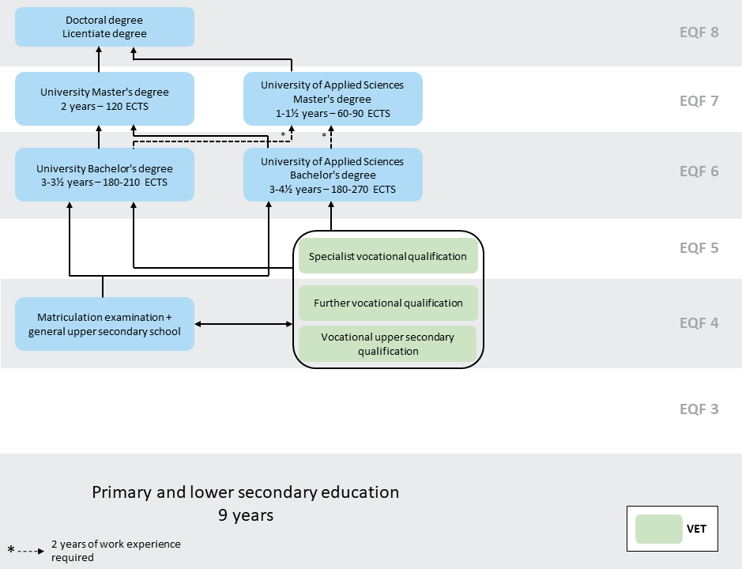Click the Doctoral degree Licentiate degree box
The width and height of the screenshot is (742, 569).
click(x=104, y=27)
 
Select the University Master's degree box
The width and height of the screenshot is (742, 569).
click(x=104, y=99)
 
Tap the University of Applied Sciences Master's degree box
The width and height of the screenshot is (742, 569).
click(x=333, y=99)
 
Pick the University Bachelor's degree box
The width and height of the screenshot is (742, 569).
click(x=104, y=175)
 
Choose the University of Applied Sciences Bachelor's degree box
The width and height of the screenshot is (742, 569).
click(x=333, y=175)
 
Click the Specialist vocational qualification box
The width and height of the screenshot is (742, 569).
click(x=388, y=256)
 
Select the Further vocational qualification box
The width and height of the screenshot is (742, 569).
click(x=388, y=303)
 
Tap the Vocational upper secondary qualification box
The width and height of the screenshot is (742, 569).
click(x=388, y=344)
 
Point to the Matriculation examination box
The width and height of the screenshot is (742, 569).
click(x=104, y=324)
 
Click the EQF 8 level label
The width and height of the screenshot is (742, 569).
click(x=699, y=32)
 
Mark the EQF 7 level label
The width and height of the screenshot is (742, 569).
click(x=699, y=101)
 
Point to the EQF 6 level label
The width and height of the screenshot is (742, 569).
click(x=699, y=171)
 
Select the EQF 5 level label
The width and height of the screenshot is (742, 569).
click(x=699, y=248)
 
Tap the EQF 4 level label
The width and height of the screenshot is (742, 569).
click(x=699, y=323)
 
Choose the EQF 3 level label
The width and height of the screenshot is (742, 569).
click(x=699, y=409)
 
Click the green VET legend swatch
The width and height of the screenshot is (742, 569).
click(x=658, y=529)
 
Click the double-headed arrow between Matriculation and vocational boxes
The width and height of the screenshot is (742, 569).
click(x=243, y=324)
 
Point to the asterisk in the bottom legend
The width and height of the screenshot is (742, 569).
click(x=11, y=549)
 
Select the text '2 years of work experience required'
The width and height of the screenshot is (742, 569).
click(x=115, y=551)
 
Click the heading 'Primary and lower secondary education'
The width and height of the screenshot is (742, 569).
click(x=246, y=492)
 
